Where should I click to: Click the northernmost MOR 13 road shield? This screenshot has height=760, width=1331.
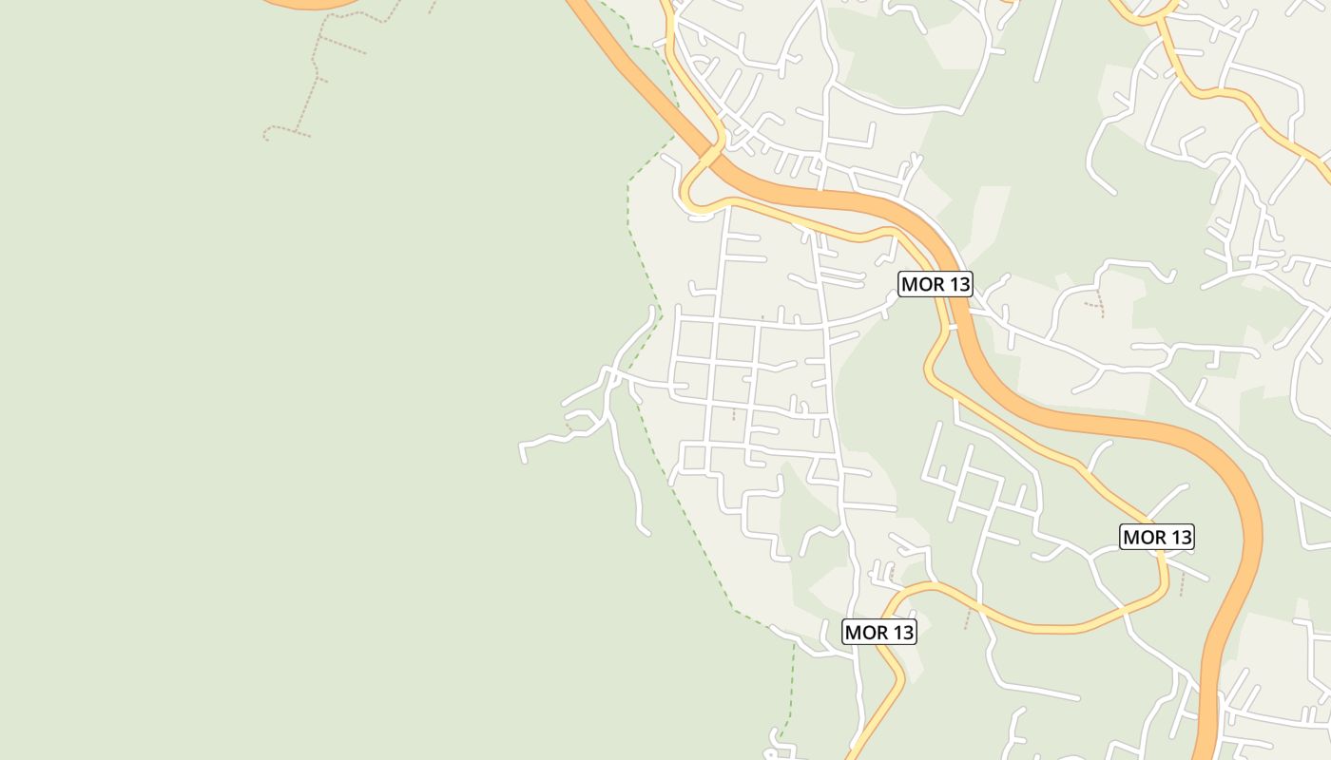(936, 284)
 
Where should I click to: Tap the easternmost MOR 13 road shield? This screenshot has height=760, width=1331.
(1157, 537)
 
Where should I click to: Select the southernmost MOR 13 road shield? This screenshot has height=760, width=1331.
(879, 632)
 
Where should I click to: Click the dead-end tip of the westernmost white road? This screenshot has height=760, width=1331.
(524, 461)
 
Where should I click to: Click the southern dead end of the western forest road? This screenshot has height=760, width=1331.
(646, 532)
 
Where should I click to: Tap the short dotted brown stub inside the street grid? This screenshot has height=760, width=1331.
(733, 414)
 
